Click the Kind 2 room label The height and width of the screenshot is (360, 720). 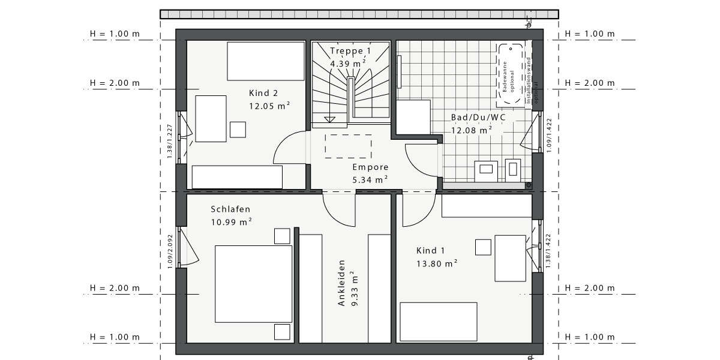click(263, 93)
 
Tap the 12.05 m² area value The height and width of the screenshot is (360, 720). click(269, 105)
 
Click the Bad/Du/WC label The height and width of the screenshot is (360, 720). click(478, 117)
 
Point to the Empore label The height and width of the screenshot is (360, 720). click(370, 167)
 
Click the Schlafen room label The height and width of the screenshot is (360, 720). click(230, 209)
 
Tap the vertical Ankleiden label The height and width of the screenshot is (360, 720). click(341, 283)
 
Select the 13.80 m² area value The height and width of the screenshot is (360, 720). click(437, 263)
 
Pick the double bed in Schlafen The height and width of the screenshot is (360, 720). click(253, 280)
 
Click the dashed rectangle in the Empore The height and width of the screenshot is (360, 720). click(348, 146)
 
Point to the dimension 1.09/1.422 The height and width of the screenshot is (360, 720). click(548, 133)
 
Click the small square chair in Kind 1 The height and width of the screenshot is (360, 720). click(483, 247)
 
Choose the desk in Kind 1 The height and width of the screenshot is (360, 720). click(510, 258)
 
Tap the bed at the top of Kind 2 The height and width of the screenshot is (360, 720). click(266, 61)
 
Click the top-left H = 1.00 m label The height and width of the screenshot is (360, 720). click(115, 34)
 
